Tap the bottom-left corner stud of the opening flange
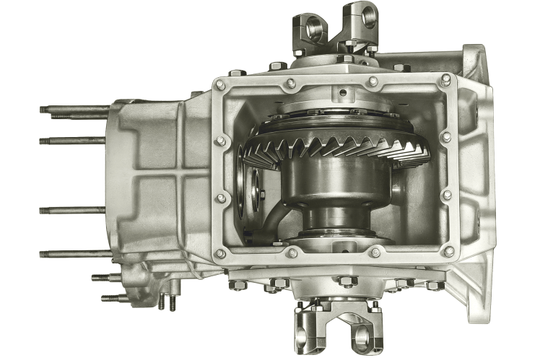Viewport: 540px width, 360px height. click(220, 253)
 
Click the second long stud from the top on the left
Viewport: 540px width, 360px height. click(72, 141)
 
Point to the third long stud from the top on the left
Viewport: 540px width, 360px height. click(72, 211)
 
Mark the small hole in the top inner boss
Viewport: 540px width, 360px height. click(343, 92)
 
